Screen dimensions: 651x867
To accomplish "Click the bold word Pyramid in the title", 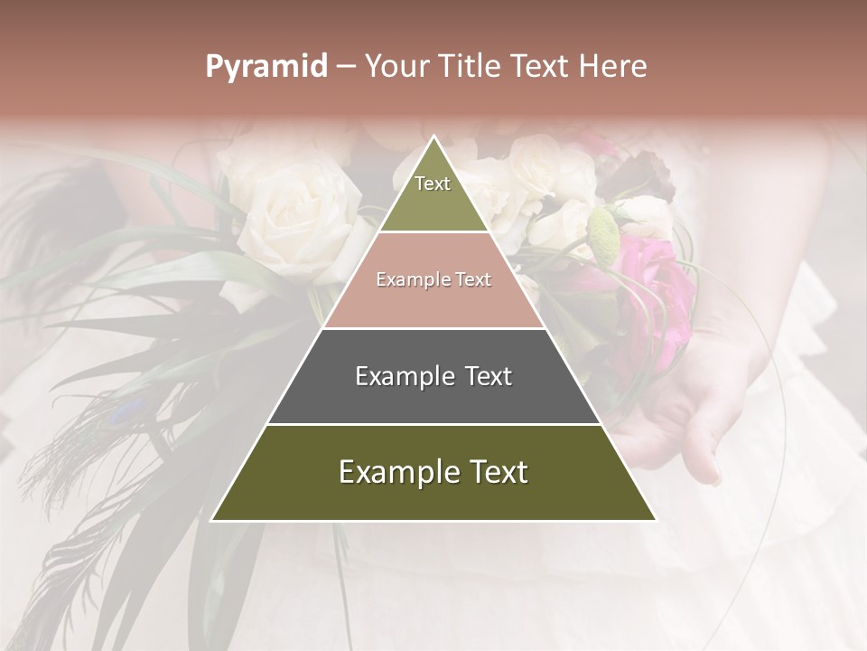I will coord(266,67).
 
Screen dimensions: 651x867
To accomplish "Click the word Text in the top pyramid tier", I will coord(433,184).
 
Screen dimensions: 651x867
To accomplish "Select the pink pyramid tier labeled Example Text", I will coord(433,298).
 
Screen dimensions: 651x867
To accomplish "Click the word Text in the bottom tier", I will coord(492,472).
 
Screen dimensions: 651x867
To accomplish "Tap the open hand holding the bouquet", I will coord(695,407).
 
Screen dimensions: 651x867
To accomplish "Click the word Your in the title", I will coord(397,67).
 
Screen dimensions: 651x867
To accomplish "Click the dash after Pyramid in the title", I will coord(346,67).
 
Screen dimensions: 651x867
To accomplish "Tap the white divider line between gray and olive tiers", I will coord(433,424).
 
